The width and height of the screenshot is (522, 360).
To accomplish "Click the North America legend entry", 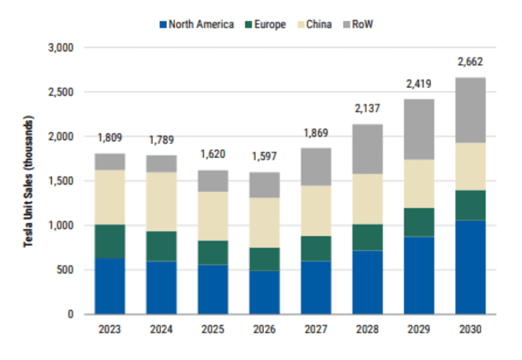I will tap(195, 25).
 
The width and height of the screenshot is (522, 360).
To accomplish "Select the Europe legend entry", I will tap(264, 25).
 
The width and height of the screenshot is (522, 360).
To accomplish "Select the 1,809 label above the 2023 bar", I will tap(110, 138).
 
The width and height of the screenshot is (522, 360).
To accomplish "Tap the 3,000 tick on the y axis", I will tap(62, 48).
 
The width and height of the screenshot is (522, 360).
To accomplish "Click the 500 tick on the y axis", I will tap(67, 270).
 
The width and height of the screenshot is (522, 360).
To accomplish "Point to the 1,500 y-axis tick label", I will tap(62, 181).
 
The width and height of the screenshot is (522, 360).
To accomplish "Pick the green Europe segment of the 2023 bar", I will tap(110, 241).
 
